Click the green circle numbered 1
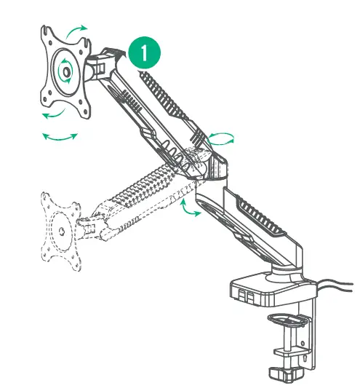(145, 53)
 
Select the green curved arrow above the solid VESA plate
(75, 30)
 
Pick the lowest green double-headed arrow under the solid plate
(59, 136)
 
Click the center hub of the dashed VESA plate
(60, 231)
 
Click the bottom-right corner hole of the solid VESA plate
(87, 110)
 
